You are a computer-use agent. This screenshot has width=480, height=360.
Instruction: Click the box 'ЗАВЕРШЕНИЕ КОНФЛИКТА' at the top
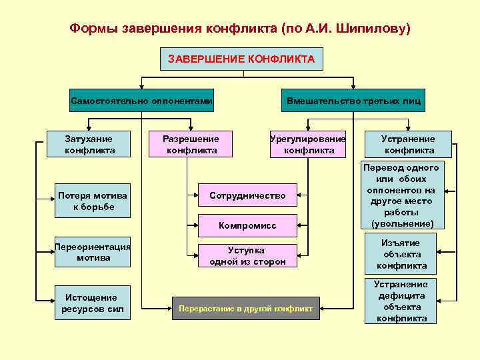241,59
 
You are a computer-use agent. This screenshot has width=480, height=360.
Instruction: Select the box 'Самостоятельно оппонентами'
142,101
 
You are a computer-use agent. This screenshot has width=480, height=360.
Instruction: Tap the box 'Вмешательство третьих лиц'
353,101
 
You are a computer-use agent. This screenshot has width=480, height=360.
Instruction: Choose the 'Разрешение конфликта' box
192,145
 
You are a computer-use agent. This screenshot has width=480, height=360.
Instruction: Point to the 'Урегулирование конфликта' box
308,145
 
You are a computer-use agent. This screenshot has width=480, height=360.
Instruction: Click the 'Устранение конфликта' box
407,145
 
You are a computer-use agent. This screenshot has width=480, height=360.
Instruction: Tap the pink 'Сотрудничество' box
247,195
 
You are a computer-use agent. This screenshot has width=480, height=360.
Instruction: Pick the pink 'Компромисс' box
247,225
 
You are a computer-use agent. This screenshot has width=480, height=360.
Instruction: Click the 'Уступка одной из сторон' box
247,255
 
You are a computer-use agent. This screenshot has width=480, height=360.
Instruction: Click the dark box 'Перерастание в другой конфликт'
245,308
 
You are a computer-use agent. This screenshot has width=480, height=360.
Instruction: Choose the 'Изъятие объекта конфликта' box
401,254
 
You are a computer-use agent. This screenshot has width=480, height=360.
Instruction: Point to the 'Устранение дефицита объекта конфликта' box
401,301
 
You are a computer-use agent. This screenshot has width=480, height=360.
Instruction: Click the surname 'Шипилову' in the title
371,29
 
